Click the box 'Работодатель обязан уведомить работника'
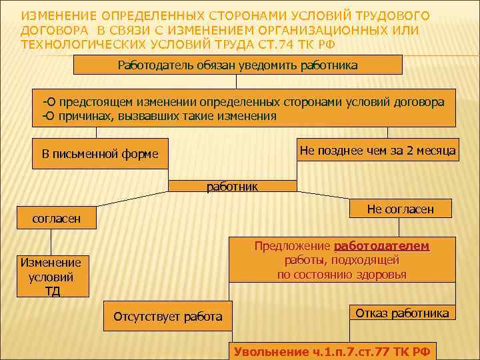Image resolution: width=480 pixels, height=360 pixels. (x=237, y=65)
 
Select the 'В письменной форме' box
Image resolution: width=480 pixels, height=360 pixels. (x=100, y=154)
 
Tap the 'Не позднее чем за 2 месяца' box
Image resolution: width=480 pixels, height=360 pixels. (x=377, y=151)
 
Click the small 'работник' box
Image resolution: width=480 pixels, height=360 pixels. (x=232, y=187)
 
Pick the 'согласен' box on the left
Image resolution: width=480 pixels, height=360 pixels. (x=57, y=218)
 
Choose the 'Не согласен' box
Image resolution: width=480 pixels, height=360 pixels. (x=400, y=209)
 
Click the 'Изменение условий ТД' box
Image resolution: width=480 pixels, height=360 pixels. (x=51, y=277)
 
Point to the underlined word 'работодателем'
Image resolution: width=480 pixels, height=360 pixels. (x=381, y=246)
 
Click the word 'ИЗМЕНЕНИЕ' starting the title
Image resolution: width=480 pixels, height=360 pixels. (x=57, y=15)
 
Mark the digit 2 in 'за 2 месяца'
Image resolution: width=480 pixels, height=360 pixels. (x=409, y=151)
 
